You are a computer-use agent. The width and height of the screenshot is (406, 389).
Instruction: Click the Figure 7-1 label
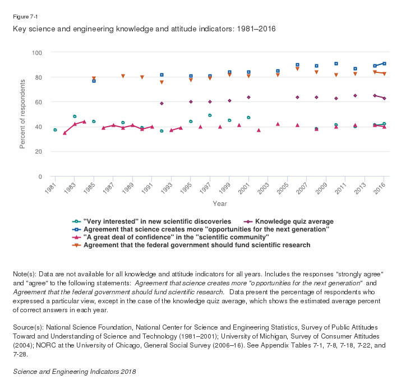25,16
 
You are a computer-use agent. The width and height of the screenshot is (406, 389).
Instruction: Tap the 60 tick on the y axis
39,102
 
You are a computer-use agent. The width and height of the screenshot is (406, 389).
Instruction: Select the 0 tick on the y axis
41,177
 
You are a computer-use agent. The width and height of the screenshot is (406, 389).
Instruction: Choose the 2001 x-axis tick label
246,188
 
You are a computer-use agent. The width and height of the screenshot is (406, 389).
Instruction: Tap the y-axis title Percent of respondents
23,115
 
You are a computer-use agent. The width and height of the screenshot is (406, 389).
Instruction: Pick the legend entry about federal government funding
196,245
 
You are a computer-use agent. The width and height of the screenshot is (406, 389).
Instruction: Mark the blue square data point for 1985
94,81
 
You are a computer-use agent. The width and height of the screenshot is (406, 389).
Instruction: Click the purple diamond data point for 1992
162,103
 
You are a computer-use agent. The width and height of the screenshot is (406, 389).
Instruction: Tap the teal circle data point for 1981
55,130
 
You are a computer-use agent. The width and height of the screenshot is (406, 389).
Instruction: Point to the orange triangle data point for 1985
94,78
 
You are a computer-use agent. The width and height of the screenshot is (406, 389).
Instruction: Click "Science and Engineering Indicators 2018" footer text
74,372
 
